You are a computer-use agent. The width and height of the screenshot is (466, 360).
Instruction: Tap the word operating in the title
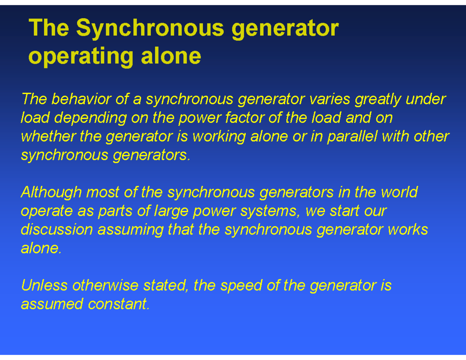coord(81,56)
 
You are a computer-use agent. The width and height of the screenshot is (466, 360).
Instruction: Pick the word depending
coord(90,118)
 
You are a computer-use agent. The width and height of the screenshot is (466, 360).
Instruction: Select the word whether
coord(49,136)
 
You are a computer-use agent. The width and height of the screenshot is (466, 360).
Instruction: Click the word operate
coord(47,211)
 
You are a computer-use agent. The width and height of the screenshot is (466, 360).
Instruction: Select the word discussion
coord(57,229)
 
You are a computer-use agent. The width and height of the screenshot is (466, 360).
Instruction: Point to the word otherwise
coord(106,285)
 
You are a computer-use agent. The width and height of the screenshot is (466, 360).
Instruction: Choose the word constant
coord(118,304)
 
